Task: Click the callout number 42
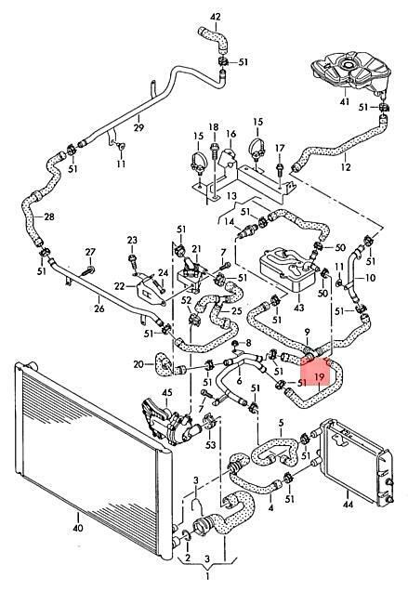click(216, 17)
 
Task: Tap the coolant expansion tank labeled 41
click(350, 72)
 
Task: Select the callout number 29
click(138, 127)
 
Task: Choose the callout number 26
click(99, 309)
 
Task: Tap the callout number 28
click(49, 217)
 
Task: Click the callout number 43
click(298, 308)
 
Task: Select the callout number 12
click(346, 167)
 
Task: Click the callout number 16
click(230, 134)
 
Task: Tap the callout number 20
click(138, 363)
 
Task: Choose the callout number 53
click(210, 445)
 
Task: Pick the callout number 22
click(119, 285)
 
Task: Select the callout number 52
click(186, 300)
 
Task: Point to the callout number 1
click(207, 576)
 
